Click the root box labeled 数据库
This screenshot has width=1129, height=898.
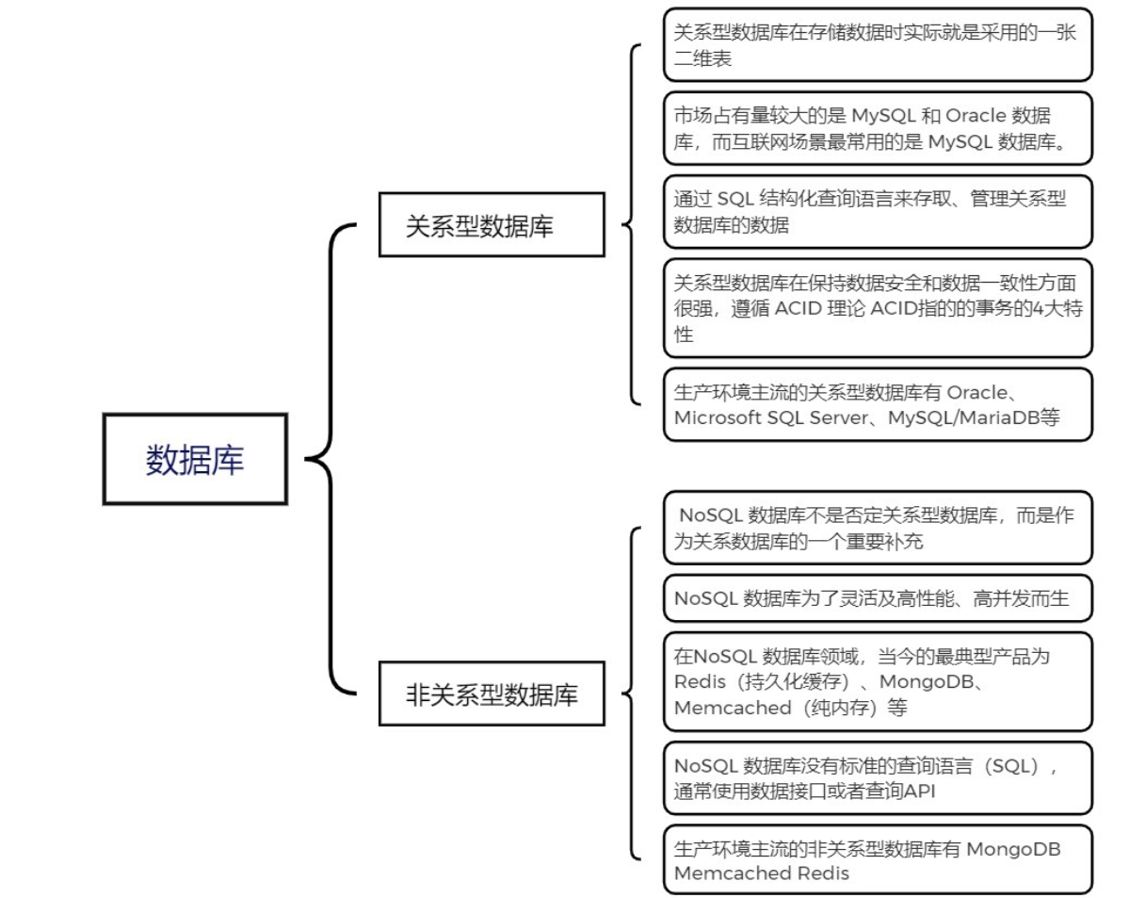(x=194, y=459)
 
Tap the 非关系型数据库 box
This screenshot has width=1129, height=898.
(x=492, y=695)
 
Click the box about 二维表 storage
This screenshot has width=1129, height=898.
(x=877, y=44)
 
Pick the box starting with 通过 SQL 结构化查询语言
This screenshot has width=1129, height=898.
(x=877, y=212)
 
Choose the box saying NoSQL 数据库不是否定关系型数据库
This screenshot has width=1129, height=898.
(x=877, y=527)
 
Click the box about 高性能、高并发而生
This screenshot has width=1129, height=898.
(x=877, y=597)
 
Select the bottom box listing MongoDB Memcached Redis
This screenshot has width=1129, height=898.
(x=877, y=860)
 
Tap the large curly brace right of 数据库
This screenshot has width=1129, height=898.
(x=330, y=460)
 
